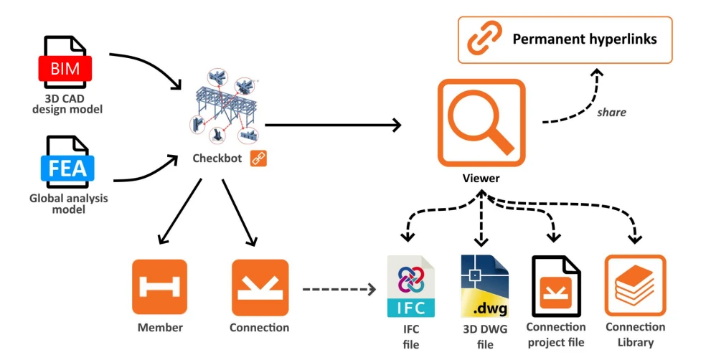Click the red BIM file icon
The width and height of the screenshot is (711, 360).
coord(65,62)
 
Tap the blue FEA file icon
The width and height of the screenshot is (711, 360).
coord(67,162)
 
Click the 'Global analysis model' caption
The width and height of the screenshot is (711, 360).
coord(68,204)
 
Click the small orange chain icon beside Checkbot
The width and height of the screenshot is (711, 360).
coord(258,158)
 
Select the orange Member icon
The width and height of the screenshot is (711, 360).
coord(159,287)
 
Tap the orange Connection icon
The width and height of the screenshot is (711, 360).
coord(260,288)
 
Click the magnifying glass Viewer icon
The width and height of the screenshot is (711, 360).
coord(481,123)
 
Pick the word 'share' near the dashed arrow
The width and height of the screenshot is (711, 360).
coord(611,113)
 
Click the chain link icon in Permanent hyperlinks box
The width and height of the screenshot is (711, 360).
coord(485,38)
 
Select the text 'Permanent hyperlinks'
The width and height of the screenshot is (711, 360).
coord(585,39)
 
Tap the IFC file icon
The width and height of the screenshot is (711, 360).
coord(411,287)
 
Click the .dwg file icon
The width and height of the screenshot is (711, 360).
coord(485,286)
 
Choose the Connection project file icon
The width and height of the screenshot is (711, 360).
coord(556,286)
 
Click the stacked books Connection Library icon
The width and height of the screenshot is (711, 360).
coord(635,285)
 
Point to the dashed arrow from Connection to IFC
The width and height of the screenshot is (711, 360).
coord(339,289)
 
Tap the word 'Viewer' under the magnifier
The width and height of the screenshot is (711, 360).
coord(481,178)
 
